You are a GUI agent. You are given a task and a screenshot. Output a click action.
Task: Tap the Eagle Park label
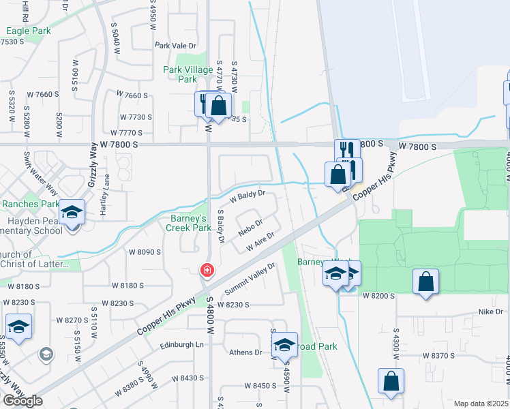[x=28, y=31]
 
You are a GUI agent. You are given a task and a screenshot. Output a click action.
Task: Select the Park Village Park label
[x=188, y=74]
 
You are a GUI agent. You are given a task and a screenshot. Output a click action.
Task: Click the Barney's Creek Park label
[x=189, y=223]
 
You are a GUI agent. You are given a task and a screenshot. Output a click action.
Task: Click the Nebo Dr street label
[x=250, y=227]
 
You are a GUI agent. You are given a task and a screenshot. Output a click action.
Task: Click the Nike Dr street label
[x=490, y=312]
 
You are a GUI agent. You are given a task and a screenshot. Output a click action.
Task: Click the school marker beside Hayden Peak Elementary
[x=71, y=211]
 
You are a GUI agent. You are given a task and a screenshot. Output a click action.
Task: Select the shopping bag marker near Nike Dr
[x=425, y=281]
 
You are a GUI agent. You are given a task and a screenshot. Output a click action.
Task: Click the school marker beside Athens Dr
[x=285, y=346]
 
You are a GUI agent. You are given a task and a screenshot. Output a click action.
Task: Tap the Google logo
[x=22, y=401]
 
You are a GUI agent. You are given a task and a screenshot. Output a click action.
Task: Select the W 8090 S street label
[x=145, y=252]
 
